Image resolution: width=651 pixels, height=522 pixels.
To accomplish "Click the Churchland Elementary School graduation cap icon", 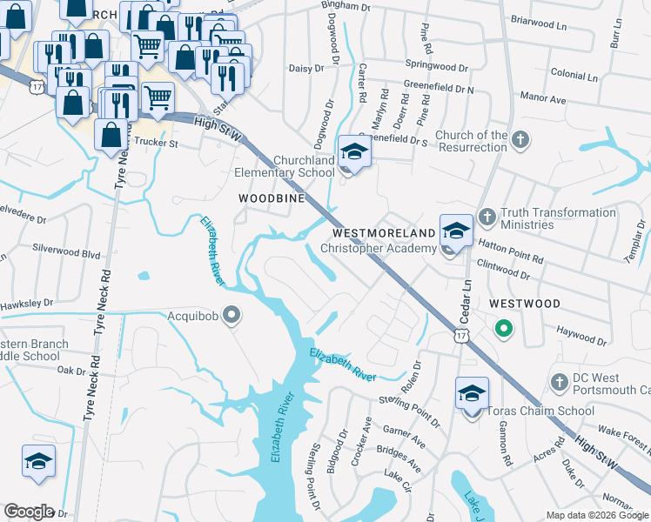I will [x=354, y=151].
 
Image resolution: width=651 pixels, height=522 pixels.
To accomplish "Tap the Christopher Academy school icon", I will [x=455, y=231].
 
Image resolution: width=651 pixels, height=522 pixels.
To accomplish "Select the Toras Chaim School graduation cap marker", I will [x=471, y=393].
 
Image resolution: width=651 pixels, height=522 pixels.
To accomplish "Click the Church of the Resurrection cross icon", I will [x=520, y=139].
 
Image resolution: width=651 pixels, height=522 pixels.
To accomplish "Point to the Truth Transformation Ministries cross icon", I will [x=487, y=215].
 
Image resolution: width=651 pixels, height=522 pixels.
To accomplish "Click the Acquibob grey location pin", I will [x=232, y=314].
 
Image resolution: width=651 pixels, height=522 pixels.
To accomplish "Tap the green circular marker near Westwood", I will [x=501, y=328].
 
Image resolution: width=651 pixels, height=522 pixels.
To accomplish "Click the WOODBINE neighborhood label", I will [x=272, y=198].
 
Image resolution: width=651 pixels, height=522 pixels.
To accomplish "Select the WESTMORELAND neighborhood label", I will [x=383, y=234].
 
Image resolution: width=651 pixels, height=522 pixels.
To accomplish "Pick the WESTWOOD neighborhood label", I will [x=524, y=303].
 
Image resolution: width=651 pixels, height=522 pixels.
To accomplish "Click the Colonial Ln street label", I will [x=573, y=76].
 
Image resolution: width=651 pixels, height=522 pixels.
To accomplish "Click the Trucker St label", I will [x=153, y=144].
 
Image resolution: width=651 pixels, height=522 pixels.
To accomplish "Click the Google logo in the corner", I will [x=29, y=512].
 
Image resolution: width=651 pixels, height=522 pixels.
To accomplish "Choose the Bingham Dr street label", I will [x=346, y=5].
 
